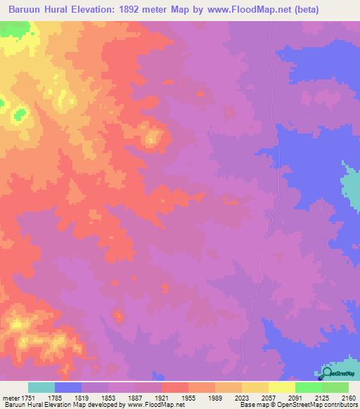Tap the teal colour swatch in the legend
41,387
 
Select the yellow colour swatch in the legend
255,387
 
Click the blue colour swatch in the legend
68,387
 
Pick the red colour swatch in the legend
174,387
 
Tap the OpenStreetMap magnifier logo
326,373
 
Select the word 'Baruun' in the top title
26,9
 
